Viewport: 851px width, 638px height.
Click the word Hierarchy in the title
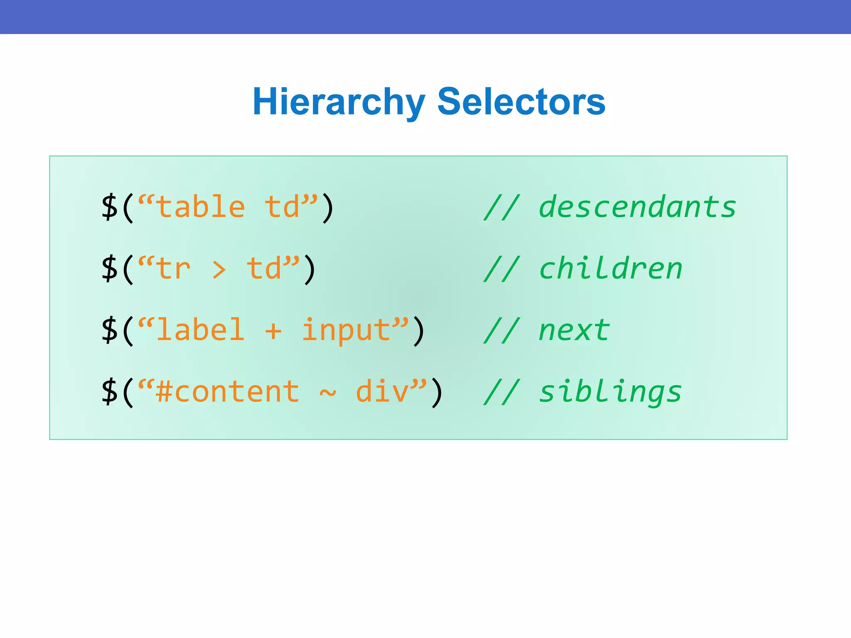(x=339, y=102)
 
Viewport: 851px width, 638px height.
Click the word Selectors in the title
(x=521, y=102)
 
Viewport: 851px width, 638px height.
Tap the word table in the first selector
(x=201, y=207)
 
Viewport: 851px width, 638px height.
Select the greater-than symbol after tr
(x=219, y=270)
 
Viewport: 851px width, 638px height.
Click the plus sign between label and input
(x=273, y=331)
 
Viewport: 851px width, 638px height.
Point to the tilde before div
(x=327, y=393)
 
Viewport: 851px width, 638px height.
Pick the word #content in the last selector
(x=227, y=392)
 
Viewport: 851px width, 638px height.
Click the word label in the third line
(x=201, y=330)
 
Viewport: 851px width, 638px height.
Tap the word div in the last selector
(x=382, y=392)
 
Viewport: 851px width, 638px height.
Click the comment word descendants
(x=637, y=207)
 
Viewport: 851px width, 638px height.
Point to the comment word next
(x=574, y=331)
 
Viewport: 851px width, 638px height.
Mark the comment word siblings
(x=610, y=393)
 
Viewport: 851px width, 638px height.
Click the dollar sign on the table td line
(x=110, y=207)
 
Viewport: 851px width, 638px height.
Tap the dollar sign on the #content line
(x=110, y=392)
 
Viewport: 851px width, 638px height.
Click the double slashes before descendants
(x=502, y=207)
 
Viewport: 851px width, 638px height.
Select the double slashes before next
(x=502, y=331)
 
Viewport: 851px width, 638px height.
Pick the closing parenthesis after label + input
(x=419, y=331)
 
